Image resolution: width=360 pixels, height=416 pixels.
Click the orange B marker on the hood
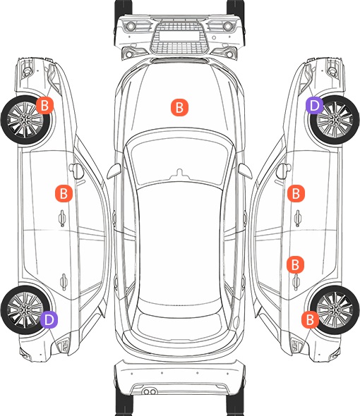pos(179,107)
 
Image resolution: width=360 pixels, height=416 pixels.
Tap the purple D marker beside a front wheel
pos(314,106)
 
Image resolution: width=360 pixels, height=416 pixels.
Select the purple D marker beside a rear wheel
pos(49,319)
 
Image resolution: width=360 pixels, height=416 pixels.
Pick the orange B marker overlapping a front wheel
pos(44,105)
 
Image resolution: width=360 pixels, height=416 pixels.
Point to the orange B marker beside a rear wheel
pos(310,319)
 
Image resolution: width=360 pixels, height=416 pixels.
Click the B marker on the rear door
pos(295,264)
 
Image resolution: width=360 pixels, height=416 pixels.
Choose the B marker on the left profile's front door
pos(64,193)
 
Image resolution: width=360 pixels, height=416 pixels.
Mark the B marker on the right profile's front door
pos(296,193)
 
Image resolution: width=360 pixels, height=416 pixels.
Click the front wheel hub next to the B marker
pos(25,120)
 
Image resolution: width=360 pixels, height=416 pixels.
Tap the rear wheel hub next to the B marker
pos(335,310)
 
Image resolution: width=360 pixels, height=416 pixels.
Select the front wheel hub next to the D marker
pos(335,120)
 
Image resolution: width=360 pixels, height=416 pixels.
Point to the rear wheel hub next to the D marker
pos(25,310)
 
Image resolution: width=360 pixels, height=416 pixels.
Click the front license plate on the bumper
pos(179,35)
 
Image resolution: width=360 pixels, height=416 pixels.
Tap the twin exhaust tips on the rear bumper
pos(149,391)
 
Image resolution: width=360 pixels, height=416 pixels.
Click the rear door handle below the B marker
pos(296,282)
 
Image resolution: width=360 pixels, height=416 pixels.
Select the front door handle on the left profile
pos(62,218)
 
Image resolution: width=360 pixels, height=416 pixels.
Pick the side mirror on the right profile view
pos(283,171)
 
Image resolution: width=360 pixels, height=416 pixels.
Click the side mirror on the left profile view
pos(76,171)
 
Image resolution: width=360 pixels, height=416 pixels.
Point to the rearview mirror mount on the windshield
pos(179,173)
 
